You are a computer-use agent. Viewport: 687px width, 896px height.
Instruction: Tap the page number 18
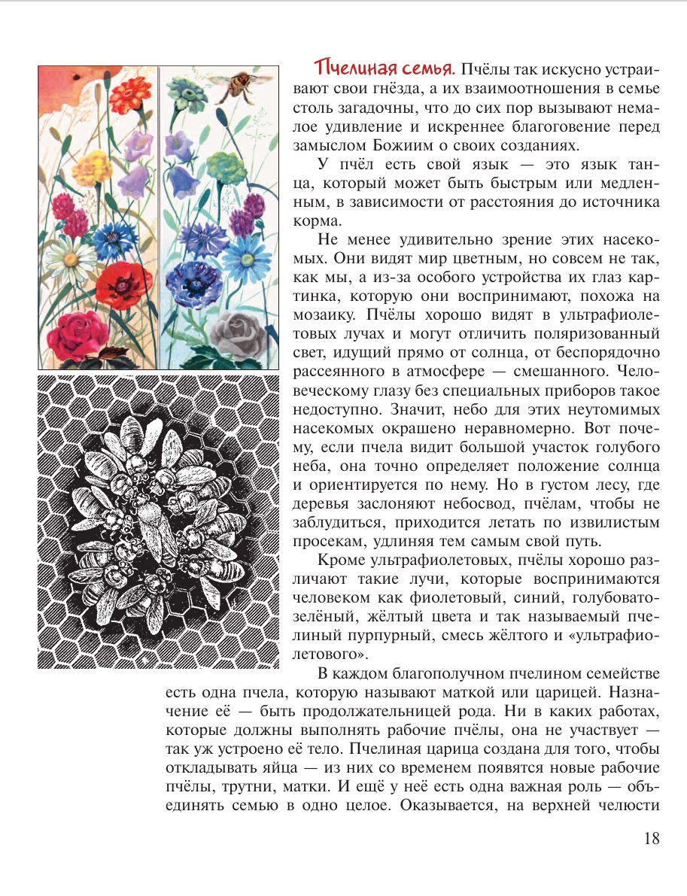pos(651,838)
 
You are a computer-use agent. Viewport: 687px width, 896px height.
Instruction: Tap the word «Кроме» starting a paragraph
pos(342,560)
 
